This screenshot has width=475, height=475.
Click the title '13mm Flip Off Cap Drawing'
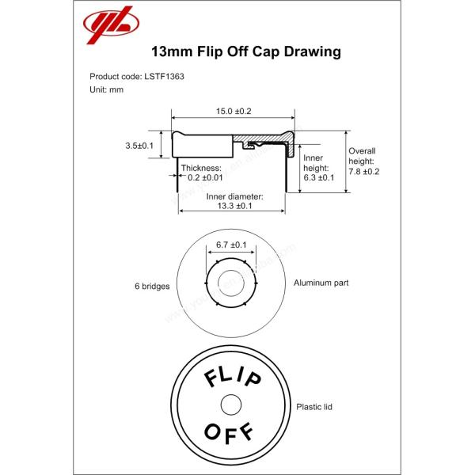[245, 53]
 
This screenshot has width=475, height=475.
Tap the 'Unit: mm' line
[107, 89]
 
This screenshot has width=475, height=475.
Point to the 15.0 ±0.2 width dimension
[233, 112]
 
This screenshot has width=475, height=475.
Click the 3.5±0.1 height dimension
[139, 146]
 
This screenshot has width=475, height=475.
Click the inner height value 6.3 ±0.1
[319, 177]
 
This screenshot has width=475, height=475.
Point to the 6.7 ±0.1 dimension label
[232, 245]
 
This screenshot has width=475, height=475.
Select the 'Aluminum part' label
[321, 282]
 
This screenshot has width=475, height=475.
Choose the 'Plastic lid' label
[313, 406]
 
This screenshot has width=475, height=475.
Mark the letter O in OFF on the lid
[211, 432]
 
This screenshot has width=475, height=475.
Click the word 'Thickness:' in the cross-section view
[201, 169]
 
